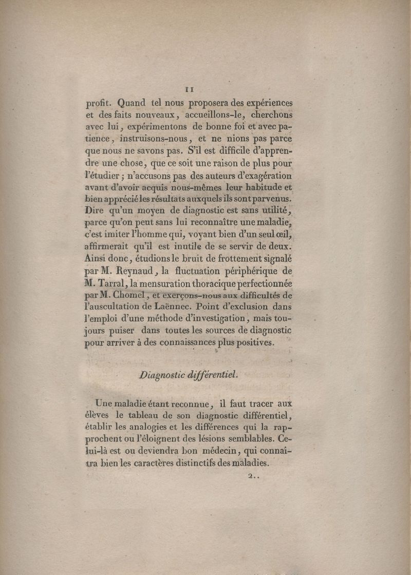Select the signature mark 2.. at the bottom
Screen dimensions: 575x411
coord(254,476)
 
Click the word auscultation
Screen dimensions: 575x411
coord(119,309)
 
